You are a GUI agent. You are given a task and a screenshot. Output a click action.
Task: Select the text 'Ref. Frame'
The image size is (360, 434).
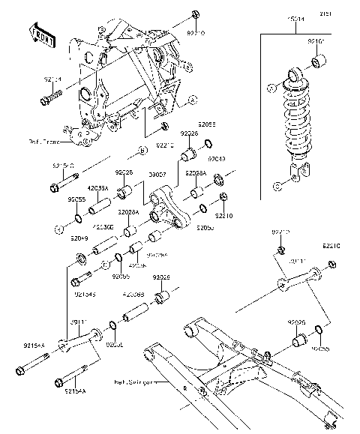(46, 140)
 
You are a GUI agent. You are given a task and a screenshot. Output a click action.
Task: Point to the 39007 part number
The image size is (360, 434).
(157, 175)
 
